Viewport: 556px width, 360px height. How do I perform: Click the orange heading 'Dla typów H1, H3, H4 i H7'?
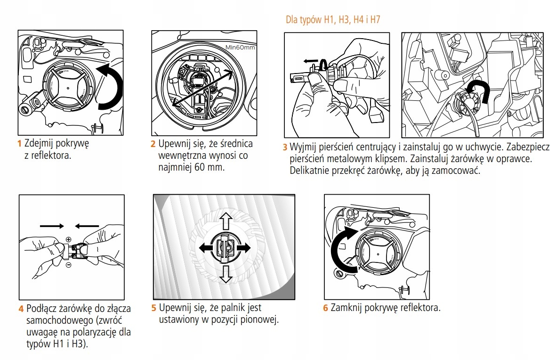(333, 19)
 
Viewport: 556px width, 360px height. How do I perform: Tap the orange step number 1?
(19, 144)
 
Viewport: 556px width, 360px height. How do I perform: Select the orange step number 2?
(153, 144)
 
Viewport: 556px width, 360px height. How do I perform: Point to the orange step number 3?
(285, 147)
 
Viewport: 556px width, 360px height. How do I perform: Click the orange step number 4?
(21, 309)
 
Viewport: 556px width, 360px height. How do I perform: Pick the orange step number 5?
(154, 308)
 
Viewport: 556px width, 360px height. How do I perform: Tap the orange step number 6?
(325, 308)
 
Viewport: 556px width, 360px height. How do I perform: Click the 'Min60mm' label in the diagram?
(240, 48)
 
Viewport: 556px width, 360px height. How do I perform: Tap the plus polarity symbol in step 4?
(69, 240)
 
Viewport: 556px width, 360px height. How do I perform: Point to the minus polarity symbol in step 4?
(69, 265)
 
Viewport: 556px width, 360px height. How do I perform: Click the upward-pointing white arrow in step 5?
(226, 221)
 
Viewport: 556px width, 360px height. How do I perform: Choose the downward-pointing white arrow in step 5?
(226, 275)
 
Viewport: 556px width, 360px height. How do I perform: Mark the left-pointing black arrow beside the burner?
(207, 248)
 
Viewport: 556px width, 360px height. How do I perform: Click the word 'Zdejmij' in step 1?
(39, 144)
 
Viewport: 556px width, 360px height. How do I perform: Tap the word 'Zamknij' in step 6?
(346, 308)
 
